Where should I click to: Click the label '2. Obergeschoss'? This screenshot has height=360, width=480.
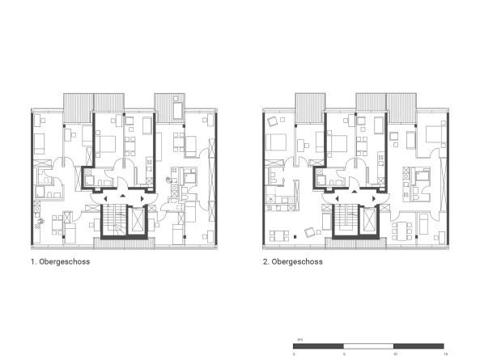tap(292, 262)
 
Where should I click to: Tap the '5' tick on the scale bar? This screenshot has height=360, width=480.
tap(344, 354)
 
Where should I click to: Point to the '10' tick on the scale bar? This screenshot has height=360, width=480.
tap(395, 354)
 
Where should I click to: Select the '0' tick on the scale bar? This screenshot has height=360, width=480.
tap(294, 354)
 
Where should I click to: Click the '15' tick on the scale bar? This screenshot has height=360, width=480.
tap(444, 354)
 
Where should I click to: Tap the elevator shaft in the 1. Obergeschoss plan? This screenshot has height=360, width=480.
tap(138, 219)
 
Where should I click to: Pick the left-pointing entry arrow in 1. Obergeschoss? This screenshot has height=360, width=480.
tap(100, 197)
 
